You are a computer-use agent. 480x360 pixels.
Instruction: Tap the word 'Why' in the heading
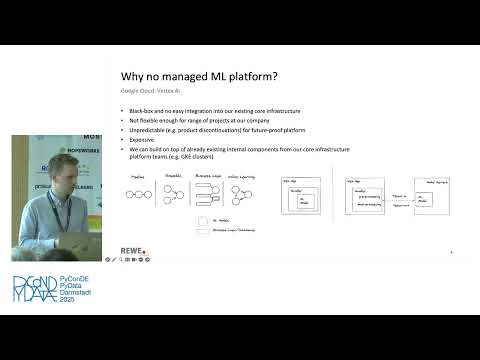point(132,75)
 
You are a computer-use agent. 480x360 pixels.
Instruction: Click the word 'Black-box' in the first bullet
point(137,109)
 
